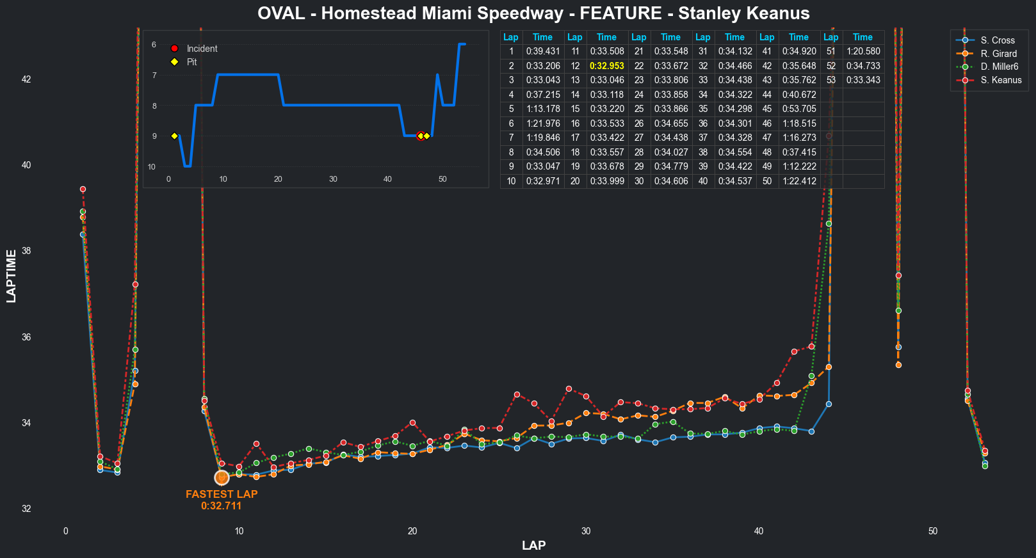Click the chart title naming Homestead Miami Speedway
(533, 13)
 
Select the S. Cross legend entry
(997, 40)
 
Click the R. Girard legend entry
(998, 54)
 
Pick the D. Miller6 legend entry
(999, 67)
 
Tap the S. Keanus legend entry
(1001, 80)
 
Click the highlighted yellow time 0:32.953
(606, 66)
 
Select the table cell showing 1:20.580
(862, 51)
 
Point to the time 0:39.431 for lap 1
(543, 51)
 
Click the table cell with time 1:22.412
(799, 181)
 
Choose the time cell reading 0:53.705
(799, 109)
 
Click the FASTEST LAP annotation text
(222, 495)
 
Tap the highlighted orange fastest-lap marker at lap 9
(222, 478)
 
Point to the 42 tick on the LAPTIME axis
(26, 79)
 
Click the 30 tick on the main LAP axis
(586, 531)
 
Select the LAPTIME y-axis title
(12, 276)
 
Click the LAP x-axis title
(533, 545)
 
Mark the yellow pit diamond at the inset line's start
(174, 136)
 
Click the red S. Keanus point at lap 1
(83, 189)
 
